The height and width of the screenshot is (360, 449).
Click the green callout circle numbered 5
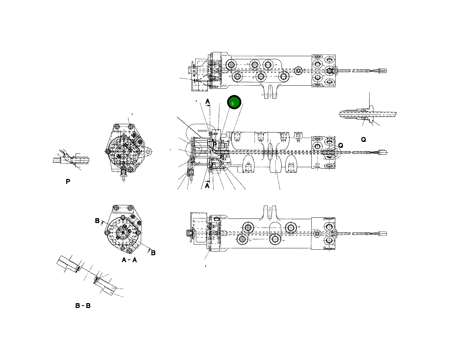234,103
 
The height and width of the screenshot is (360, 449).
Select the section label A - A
129,260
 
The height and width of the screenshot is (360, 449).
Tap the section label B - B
83,306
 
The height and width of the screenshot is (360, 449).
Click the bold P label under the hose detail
68,181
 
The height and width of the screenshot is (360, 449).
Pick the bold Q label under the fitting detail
363,139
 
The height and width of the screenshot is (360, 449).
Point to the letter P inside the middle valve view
215,145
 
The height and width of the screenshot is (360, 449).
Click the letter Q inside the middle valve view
340,145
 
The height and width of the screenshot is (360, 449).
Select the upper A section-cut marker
207,101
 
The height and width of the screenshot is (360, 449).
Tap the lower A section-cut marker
207,186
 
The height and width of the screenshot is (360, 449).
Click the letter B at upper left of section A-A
97,221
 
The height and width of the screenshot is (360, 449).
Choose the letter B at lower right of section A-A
153,252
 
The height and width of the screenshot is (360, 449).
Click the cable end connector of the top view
383,71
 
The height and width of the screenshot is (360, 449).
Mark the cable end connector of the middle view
383,152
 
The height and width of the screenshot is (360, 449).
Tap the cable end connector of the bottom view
383,233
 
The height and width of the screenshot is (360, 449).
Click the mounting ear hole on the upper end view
148,152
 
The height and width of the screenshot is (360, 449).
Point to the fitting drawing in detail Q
368,114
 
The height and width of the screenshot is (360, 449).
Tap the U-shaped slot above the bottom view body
269,212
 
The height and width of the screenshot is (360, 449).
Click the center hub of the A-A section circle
123,232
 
